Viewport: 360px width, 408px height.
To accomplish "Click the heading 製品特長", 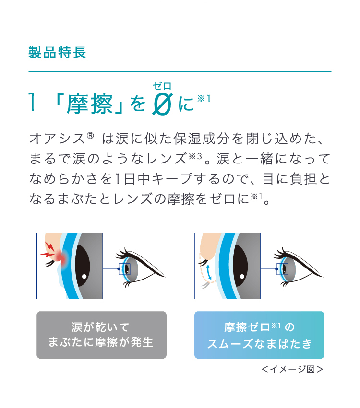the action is pos(57,52).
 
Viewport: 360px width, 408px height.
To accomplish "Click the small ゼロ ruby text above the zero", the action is pos(162,86).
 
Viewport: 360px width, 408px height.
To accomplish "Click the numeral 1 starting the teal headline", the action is pos(32,103).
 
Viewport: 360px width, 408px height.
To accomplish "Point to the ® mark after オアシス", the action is pos(90,136).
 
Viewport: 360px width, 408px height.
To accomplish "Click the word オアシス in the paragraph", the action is pos(57,139).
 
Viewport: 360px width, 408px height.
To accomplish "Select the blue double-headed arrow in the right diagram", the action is pos(209,272).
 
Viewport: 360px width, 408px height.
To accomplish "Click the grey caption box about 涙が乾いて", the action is pos(101,335).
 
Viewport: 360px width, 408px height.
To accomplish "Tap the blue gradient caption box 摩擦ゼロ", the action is pos(259,335).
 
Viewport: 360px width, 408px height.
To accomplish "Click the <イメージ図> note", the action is pos(292,369).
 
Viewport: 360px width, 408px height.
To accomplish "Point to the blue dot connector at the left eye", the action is pos(119,269).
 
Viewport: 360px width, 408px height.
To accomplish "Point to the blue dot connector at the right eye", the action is pos(276,269).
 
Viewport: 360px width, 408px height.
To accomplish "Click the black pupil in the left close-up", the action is pos(82,266).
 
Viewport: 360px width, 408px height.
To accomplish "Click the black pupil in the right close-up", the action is pos(240,266).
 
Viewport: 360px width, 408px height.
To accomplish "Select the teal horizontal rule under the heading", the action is pos(180,71).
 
